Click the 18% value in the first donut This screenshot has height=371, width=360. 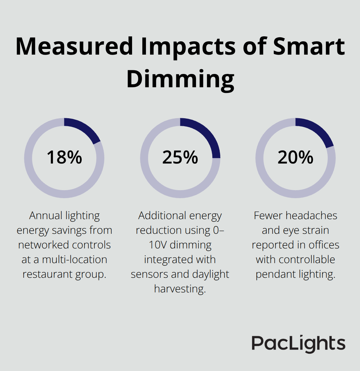coord(64,158)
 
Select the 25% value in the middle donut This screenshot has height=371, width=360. coord(180,158)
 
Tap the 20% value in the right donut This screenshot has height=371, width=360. coord(295,158)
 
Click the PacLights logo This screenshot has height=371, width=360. coord(298,343)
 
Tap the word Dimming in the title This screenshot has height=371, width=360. coord(180,79)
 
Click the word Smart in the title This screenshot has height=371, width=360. coord(309,47)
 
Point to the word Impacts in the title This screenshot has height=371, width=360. coord(188,47)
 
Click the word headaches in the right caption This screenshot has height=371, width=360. coord(313,216)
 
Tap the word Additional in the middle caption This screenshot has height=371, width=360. coord(159,216)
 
